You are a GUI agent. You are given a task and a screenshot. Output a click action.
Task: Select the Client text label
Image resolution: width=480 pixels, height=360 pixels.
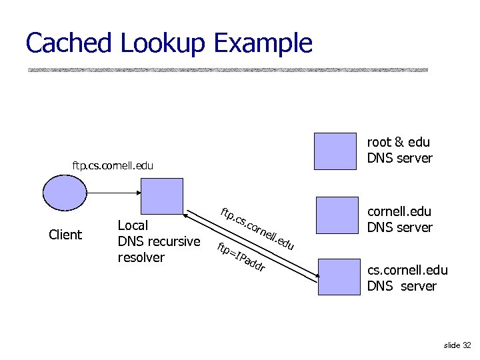pos(65,235)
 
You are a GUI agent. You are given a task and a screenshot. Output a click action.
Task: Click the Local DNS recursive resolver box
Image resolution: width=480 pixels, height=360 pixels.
pos(161,199)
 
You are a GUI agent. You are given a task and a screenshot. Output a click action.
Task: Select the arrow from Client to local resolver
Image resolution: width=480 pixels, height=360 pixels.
pos(113,191)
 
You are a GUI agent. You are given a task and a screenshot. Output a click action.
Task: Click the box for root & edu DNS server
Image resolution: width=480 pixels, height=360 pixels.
pos(335,153)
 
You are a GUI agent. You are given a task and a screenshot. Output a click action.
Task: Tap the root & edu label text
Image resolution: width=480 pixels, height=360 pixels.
pos(398,142)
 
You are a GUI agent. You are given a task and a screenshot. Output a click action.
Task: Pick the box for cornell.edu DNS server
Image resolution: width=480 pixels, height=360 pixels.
pos(337,217)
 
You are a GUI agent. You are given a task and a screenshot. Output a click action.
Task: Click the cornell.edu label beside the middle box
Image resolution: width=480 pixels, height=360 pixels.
pos(399,211)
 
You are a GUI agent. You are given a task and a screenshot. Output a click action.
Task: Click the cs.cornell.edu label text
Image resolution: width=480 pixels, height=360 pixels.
pos(407,270)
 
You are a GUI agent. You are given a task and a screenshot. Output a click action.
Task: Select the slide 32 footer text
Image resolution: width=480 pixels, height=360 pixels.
pos(457,345)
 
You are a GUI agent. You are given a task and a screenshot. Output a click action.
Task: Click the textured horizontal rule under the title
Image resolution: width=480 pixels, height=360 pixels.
pos(227,69)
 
